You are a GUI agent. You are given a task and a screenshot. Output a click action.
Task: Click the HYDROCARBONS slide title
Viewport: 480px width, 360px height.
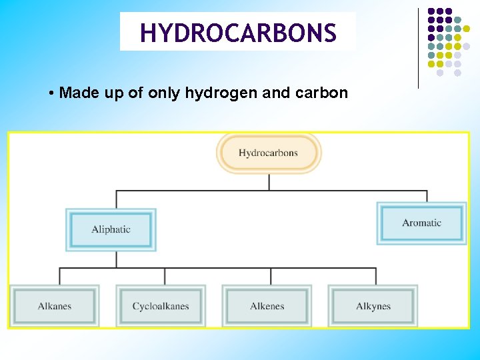pyautogui.click(x=238, y=32)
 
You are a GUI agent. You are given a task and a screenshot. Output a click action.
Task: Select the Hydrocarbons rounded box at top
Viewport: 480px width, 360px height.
pyautogui.click(x=269, y=153)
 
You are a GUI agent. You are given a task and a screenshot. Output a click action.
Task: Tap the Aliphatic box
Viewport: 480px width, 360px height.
pyautogui.click(x=111, y=229)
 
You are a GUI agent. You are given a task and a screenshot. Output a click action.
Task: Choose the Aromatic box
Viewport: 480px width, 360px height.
pyautogui.click(x=421, y=223)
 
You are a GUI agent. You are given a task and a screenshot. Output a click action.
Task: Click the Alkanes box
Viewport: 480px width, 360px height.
pyautogui.click(x=55, y=306)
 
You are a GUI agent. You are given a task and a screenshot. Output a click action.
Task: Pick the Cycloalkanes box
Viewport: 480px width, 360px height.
pyautogui.click(x=161, y=306)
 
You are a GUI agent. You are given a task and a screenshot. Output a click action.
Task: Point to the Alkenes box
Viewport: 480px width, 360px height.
pyautogui.click(x=267, y=306)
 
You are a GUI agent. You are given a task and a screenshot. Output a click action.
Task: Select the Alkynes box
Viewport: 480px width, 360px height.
pyautogui.click(x=373, y=306)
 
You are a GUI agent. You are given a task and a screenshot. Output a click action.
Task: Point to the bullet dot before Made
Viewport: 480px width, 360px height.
pyautogui.click(x=51, y=93)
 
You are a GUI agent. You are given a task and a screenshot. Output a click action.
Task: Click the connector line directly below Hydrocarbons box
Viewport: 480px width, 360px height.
pyautogui.click(x=269, y=182)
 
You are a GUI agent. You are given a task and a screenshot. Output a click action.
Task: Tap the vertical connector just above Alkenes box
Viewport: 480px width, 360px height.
pyautogui.click(x=271, y=276)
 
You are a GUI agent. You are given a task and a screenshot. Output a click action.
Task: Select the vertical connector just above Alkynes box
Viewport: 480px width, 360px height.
pyautogui.click(x=376, y=276)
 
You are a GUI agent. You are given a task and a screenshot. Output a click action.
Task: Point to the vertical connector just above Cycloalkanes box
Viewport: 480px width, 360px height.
pyautogui.click(x=165, y=276)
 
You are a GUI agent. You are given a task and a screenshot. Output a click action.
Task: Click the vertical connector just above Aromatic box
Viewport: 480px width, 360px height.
pyautogui.click(x=427, y=196)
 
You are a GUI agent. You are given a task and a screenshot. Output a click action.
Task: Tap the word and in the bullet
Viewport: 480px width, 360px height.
pyautogui.click(x=276, y=93)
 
